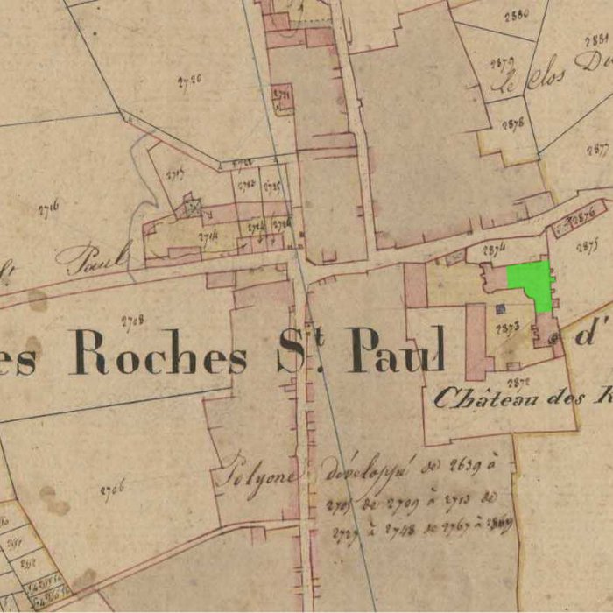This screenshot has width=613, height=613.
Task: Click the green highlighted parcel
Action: (531, 282)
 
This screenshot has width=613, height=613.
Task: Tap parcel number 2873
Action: (508, 328)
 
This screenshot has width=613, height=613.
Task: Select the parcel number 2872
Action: (517, 382)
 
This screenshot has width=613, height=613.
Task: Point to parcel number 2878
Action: (513, 123)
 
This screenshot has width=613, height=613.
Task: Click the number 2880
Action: (518, 14)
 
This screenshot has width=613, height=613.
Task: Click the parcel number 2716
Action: (49, 208)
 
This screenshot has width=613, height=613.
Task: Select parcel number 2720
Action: (189, 79)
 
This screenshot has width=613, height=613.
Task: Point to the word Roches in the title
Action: (159, 352)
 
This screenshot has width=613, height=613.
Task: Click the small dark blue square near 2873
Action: (500, 308)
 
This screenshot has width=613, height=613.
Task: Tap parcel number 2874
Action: (495, 250)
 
